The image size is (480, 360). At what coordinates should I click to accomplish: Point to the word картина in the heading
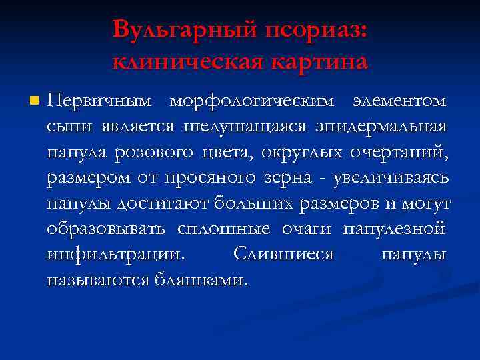pyautogui.click(x=319, y=62)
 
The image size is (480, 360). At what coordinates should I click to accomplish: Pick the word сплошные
pyautogui.click(x=224, y=229)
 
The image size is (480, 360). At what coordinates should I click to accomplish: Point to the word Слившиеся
pyautogui.click(x=283, y=254)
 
